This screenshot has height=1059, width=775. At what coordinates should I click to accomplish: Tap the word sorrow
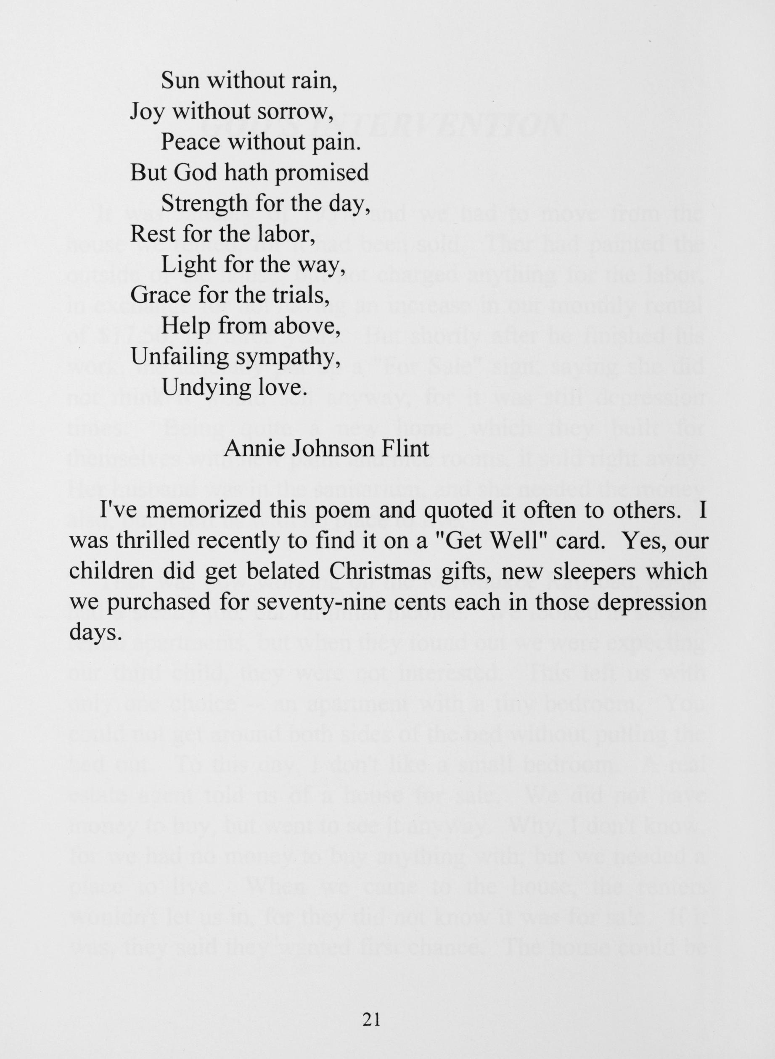coord(299,112)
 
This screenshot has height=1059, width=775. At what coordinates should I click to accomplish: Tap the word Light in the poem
coord(189,265)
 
